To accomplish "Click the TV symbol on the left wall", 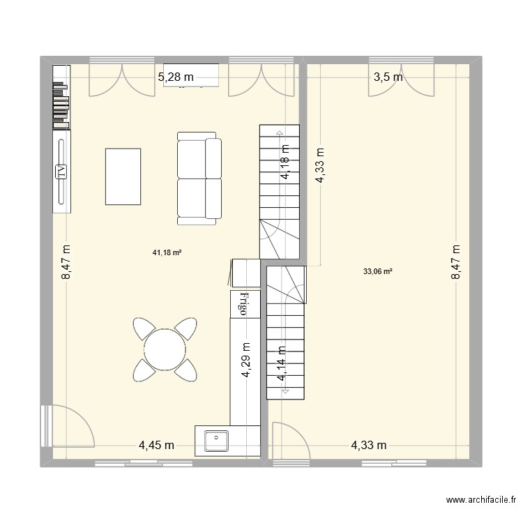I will coord(61,170).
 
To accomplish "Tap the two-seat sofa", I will coord(199,178).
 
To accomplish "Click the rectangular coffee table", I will coord(123,176).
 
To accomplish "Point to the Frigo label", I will coord(245,304).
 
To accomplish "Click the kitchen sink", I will coord(217,441).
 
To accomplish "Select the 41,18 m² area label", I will coord(167,253).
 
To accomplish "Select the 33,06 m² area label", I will coord(377,272).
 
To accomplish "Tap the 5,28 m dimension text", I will coord(176,77).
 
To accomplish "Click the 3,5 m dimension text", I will coord(388,77).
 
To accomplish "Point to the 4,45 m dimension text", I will coord(156,445).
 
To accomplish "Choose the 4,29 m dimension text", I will coord(246,360).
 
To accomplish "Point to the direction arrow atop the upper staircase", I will coord(280,132).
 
